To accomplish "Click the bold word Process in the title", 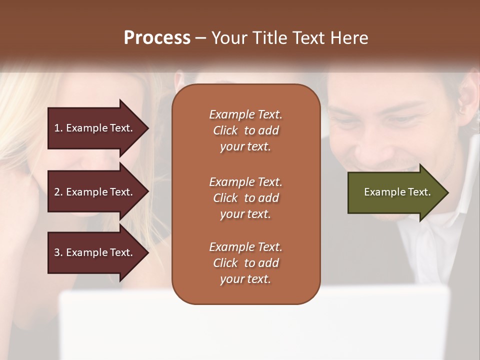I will [x=157, y=38].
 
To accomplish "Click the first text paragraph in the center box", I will [x=245, y=130].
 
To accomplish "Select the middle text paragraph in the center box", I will [x=245, y=198].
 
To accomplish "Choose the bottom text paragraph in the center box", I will [x=245, y=263].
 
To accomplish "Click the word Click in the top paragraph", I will [x=225, y=130].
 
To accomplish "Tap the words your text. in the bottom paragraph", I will [x=245, y=279].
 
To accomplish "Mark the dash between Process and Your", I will [x=200, y=38].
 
